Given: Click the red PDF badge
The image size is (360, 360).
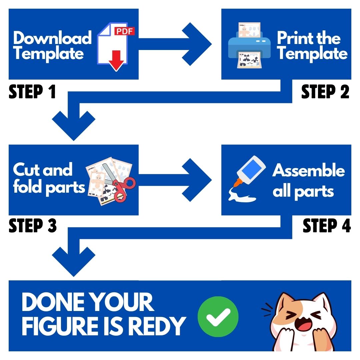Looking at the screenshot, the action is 124,31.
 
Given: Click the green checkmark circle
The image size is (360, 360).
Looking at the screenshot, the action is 218,317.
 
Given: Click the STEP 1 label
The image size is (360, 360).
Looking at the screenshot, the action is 32,92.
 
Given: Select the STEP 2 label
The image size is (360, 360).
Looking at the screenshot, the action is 325,92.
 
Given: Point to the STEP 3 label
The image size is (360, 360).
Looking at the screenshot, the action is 33,225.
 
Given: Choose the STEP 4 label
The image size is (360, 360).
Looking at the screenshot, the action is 327,225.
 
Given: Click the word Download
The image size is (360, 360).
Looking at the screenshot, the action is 53,38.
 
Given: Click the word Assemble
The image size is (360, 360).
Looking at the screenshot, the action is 309,170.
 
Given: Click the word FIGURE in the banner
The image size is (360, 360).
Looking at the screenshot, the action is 60,326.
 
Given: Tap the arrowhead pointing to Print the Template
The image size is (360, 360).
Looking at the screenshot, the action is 197,44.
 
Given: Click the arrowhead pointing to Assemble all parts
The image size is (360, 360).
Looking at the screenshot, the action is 197,180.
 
